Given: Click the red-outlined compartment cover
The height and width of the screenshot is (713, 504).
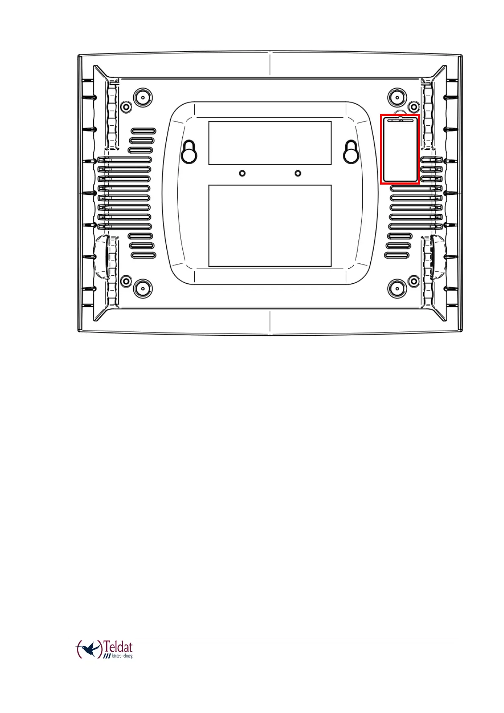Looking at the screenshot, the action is (399, 149).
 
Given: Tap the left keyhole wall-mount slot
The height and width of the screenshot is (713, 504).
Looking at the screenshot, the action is (189, 152).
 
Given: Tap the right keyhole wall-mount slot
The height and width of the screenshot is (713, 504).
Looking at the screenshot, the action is (351, 152).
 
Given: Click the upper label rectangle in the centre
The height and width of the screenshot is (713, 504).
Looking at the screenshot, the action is (270, 143).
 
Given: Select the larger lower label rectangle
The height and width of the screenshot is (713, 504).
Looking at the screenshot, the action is (270, 226).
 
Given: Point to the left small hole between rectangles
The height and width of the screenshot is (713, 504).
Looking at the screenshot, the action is (242, 173).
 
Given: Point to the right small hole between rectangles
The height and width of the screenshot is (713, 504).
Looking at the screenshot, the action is (298, 173).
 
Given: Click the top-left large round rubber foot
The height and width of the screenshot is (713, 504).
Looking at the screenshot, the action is (143, 97).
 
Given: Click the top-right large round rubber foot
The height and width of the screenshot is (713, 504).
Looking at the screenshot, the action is (397, 97).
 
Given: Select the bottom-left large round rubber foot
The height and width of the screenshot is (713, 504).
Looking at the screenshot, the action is (143, 289).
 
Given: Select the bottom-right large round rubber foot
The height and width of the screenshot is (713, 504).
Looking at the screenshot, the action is (397, 289).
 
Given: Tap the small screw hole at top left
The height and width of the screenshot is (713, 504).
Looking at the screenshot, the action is (126, 106).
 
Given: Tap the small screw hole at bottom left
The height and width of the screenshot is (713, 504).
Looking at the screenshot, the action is (126, 281).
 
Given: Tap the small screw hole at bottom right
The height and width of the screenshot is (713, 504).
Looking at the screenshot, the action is (414, 281).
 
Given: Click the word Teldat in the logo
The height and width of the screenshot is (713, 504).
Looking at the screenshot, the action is (118, 647).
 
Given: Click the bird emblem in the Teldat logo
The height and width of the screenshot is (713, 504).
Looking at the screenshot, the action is (90, 648).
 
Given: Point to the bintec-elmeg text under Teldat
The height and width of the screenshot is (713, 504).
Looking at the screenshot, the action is (122, 656).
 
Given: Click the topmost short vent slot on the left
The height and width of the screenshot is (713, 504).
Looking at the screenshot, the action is (143, 131).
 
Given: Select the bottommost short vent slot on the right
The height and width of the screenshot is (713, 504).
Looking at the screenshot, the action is (397, 255).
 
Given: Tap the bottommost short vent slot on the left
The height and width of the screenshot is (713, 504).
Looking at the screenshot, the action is (143, 255).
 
